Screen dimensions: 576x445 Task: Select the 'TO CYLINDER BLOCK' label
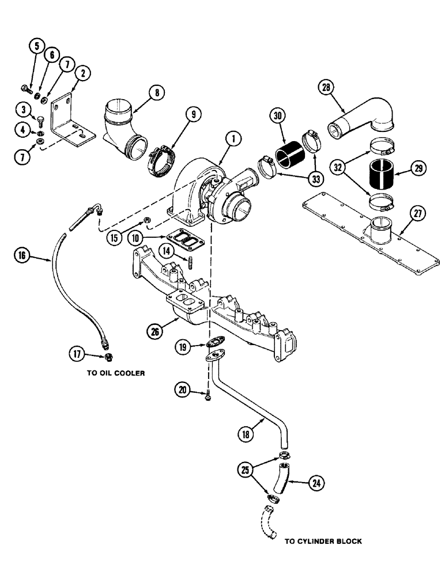[x=323, y=541]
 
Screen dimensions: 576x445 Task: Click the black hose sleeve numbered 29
[x=380, y=171]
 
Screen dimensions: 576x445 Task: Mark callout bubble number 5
[x=37, y=45]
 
